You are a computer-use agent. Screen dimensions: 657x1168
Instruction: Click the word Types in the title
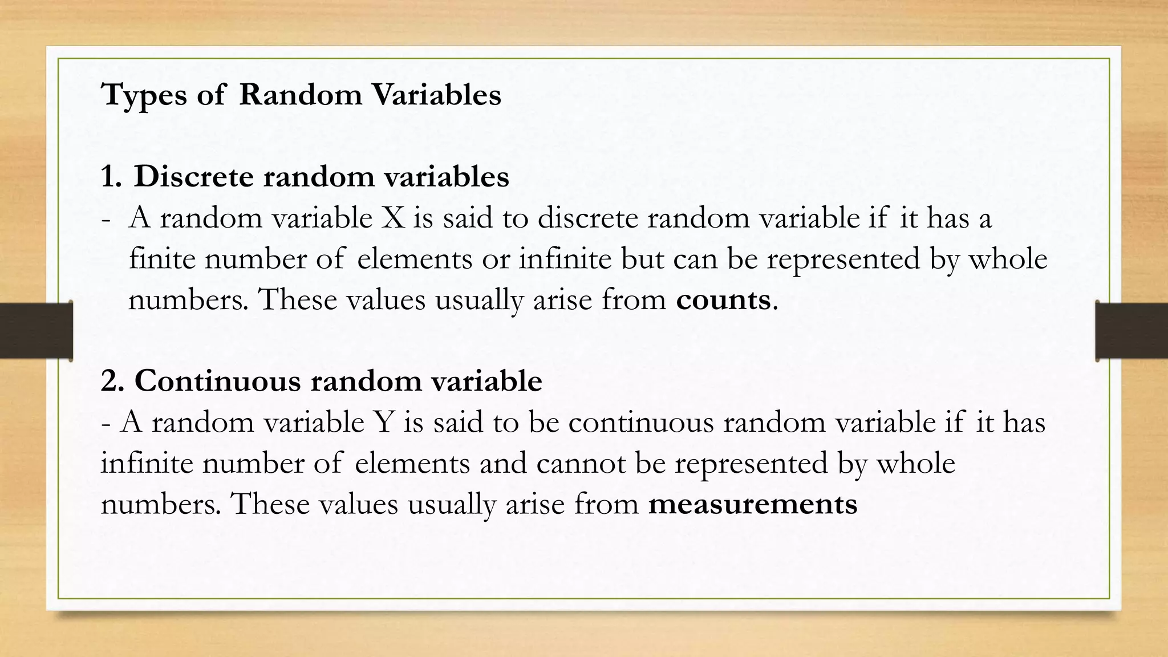(x=144, y=95)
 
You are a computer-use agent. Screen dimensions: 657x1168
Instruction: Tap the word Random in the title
(x=301, y=94)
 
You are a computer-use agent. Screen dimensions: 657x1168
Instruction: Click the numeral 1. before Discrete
(x=111, y=177)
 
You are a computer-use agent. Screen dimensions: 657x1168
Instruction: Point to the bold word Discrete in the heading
(x=193, y=177)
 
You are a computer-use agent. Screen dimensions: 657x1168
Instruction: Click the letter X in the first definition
(x=392, y=218)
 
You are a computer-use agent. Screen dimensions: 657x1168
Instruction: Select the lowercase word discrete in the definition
(x=587, y=218)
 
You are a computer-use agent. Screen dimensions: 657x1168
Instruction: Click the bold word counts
(x=723, y=299)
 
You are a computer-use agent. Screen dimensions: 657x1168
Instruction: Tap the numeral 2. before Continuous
(x=112, y=381)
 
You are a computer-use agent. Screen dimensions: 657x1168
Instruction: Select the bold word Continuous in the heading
(x=217, y=381)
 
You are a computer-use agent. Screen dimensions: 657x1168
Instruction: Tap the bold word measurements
(x=753, y=504)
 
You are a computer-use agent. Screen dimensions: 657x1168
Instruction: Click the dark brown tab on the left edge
(x=36, y=331)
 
